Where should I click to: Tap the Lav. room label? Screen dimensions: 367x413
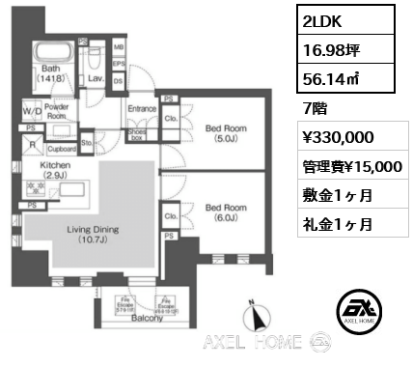pyautogui.click(x=96, y=79)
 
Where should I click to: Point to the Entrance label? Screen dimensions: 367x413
pyautogui.click(x=142, y=109)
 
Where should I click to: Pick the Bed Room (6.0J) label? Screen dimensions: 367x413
pyautogui.click(x=227, y=212)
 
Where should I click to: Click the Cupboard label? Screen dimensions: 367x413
pyautogui.click(x=62, y=149)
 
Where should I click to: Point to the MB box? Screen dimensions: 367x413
pyautogui.click(x=118, y=46)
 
